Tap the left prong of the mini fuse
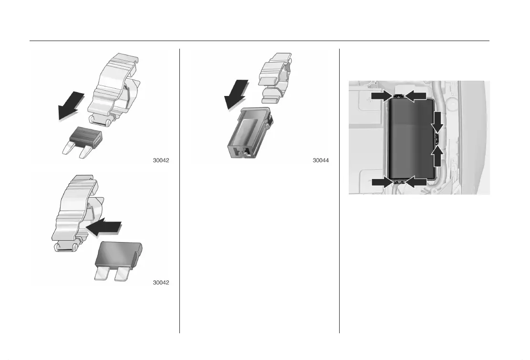click(x=68, y=148)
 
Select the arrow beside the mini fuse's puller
click(x=71, y=105)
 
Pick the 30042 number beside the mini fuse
click(x=161, y=160)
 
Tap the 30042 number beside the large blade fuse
click(x=161, y=283)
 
